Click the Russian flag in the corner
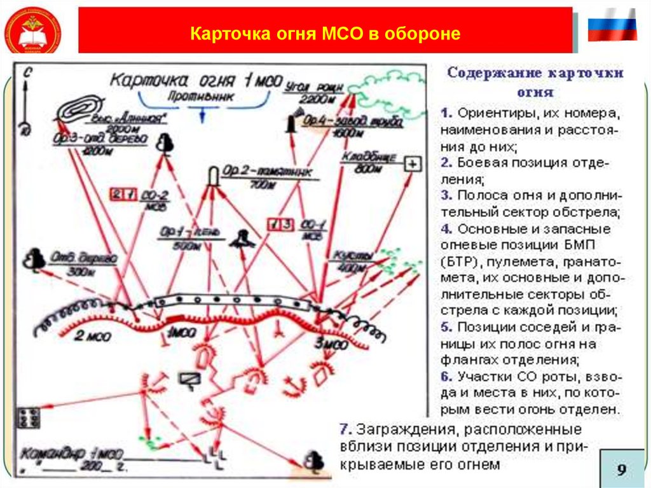612,26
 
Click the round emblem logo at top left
32,32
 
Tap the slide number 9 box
621,470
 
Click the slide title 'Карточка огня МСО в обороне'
325,33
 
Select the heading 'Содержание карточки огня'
535,81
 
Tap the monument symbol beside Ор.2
214,175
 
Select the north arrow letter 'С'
26,73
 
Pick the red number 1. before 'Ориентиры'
445,113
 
